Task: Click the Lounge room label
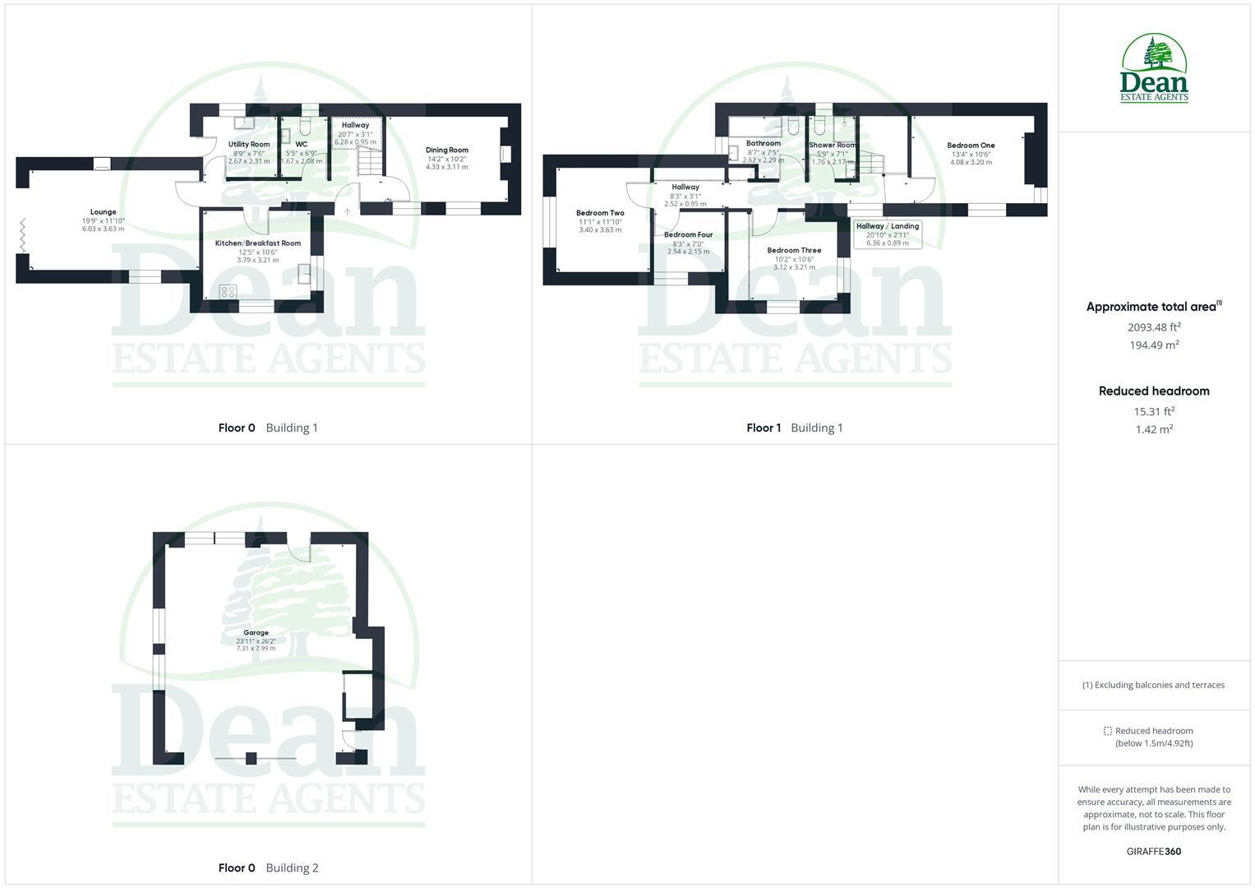pos(103,212)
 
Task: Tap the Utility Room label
pos(248,145)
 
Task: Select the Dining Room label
pos(446,150)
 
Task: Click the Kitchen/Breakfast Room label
pos(257,243)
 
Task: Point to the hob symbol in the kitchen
pos(228,292)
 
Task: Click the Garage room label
pos(256,633)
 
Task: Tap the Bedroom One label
pos(971,146)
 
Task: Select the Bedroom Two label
pos(600,214)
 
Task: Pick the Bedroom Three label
pos(794,251)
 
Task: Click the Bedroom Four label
pos(688,235)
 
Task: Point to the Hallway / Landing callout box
pos(887,234)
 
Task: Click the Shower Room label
pos(832,146)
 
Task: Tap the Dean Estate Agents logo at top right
pos(1154,69)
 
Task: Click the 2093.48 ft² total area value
pos(1154,327)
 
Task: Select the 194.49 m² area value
pos(1154,345)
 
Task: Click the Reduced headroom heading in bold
pos(1154,391)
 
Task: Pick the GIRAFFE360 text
pos(1154,852)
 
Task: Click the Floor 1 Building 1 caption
pos(794,428)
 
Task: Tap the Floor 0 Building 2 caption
pos(268,867)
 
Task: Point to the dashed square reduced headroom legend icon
pos(1107,731)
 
